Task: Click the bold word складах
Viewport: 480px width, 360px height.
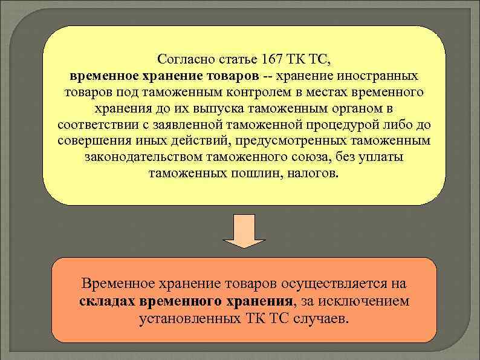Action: [107, 301]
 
